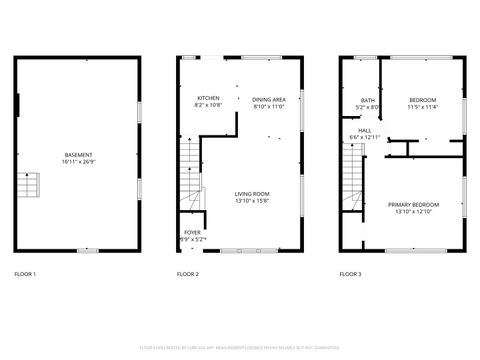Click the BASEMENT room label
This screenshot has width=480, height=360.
78,154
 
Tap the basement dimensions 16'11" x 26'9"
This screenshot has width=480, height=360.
78,161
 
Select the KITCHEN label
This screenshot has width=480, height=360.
208,98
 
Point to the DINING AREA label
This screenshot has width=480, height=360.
269,99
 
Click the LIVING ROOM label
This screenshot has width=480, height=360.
252,194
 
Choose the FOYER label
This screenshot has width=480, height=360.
192,232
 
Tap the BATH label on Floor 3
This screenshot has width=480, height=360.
367,100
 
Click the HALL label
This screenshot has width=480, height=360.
365,130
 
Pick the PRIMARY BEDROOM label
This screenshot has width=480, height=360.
413,204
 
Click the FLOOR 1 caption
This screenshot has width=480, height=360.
25,274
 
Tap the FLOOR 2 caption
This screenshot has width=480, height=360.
188,274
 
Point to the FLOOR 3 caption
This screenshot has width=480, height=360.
350,274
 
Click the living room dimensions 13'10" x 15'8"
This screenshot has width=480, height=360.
252,201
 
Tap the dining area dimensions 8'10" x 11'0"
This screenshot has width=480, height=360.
269,106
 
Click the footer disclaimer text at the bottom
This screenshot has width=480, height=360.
240,347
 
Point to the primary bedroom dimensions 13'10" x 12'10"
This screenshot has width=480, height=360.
413,211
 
